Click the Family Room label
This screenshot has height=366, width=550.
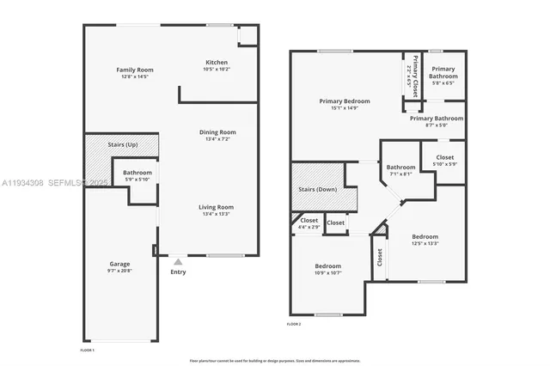(x=134, y=70)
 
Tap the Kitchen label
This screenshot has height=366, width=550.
(x=217, y=62)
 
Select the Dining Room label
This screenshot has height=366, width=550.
(x=217, y=132)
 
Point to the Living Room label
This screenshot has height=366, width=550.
(x=217, y=207)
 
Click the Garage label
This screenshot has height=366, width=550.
(x=119, y=264)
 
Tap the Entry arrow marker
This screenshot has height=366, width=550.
(x=177, y=261)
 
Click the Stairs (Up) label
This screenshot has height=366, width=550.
(x=121, y=145)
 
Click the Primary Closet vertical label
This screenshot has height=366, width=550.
(x=416, y=72)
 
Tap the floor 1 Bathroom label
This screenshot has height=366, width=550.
(x=137, y=173)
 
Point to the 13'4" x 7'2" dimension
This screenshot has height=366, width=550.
(x=217, y=138)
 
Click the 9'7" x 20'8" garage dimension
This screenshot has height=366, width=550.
(x=119, y=271)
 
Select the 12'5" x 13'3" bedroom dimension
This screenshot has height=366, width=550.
(x=425, y=243)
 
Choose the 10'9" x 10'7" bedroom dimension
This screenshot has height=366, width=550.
(x=327, y=273)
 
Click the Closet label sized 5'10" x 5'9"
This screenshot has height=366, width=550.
(x=444, y=157)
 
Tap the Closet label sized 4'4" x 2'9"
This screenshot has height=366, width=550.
(x=309, y=221)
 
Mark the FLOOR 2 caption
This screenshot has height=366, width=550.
(x=294, y=324)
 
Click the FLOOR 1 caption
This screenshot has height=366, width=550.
(x=87, y=351)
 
